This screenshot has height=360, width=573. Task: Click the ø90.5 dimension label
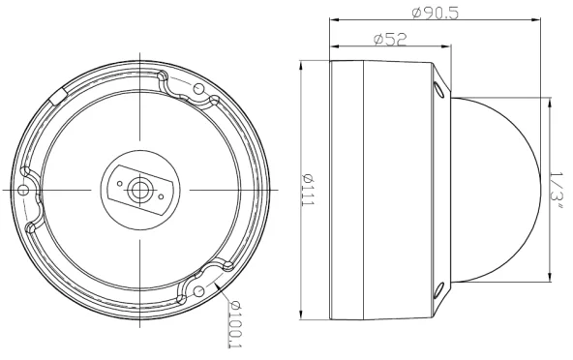point(435,14)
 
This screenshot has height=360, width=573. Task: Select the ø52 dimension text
point(390,39)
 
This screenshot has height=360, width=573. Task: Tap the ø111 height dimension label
point(308,190)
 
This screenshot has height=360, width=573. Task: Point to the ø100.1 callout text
point(234,324)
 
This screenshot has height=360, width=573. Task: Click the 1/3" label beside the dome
point(557,191)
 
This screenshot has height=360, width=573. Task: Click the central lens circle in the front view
point(138,190)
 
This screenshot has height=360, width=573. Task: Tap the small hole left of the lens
point(119,184)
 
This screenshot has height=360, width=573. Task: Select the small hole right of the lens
point(161,196)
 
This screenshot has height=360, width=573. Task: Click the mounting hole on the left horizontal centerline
point(23,190)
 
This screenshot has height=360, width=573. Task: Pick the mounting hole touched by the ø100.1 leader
point(198,291)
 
